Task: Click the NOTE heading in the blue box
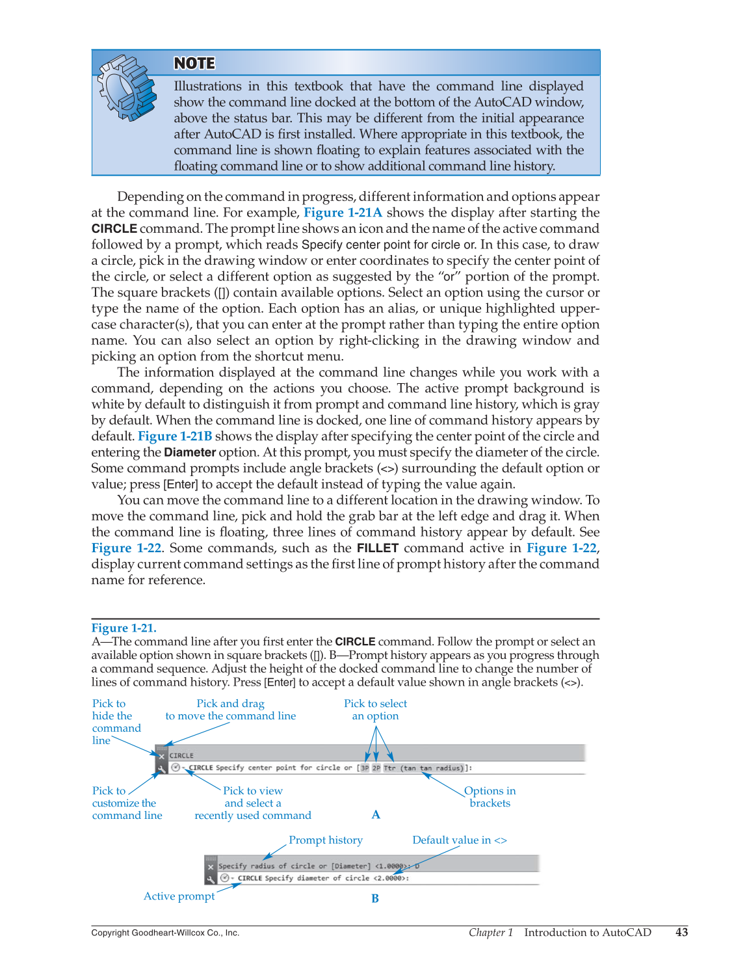pos(194,63)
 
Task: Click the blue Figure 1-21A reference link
pos(343,213)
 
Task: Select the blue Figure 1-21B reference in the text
pos(175,436)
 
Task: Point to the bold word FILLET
pos(377,548)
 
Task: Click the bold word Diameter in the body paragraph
pos(190,453)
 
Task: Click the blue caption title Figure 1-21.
pos(124,628)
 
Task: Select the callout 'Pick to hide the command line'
pos(116,722)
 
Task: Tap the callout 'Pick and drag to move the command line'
pos(230,710)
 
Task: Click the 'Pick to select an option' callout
pos(375,710)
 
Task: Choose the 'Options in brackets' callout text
pos(490,797)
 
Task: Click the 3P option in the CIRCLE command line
pos(365,768)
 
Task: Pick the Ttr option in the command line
pos(389,768)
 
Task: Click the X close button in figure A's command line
pos(161,756)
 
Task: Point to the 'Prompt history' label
pos(326,840)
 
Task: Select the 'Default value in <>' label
pos(460,840)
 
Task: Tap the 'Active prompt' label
pos(179,896)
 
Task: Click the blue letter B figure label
pos(375,899)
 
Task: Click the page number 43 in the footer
pos(681,933)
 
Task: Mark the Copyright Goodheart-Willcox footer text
pos(165,933)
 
